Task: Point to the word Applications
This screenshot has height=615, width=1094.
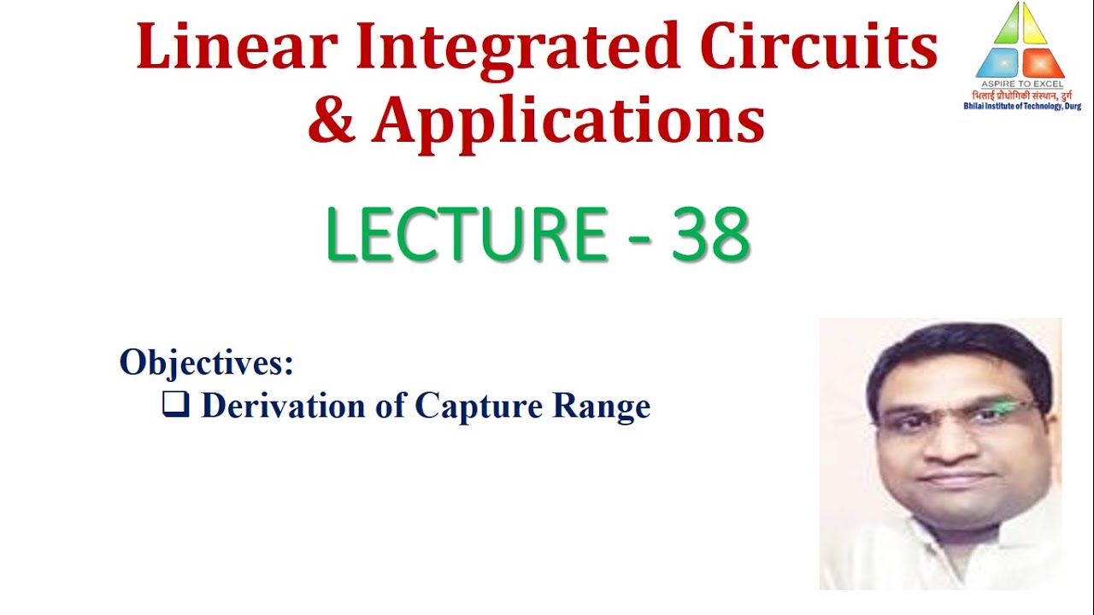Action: pyautogui.click(x=568, y=122)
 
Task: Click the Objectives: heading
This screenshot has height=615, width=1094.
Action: pyautogui.click(x=207, y=362)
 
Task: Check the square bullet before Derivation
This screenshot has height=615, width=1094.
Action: pyautogui.click(x=175, y=405)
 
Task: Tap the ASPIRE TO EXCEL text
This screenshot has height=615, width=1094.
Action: pyautogui.click(x=1020, y=84)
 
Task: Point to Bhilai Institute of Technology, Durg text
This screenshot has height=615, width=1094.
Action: pyautogui.click(x=1021, y=106)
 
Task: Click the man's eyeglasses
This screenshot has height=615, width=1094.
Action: pyautogui.click(x=953, y=415)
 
